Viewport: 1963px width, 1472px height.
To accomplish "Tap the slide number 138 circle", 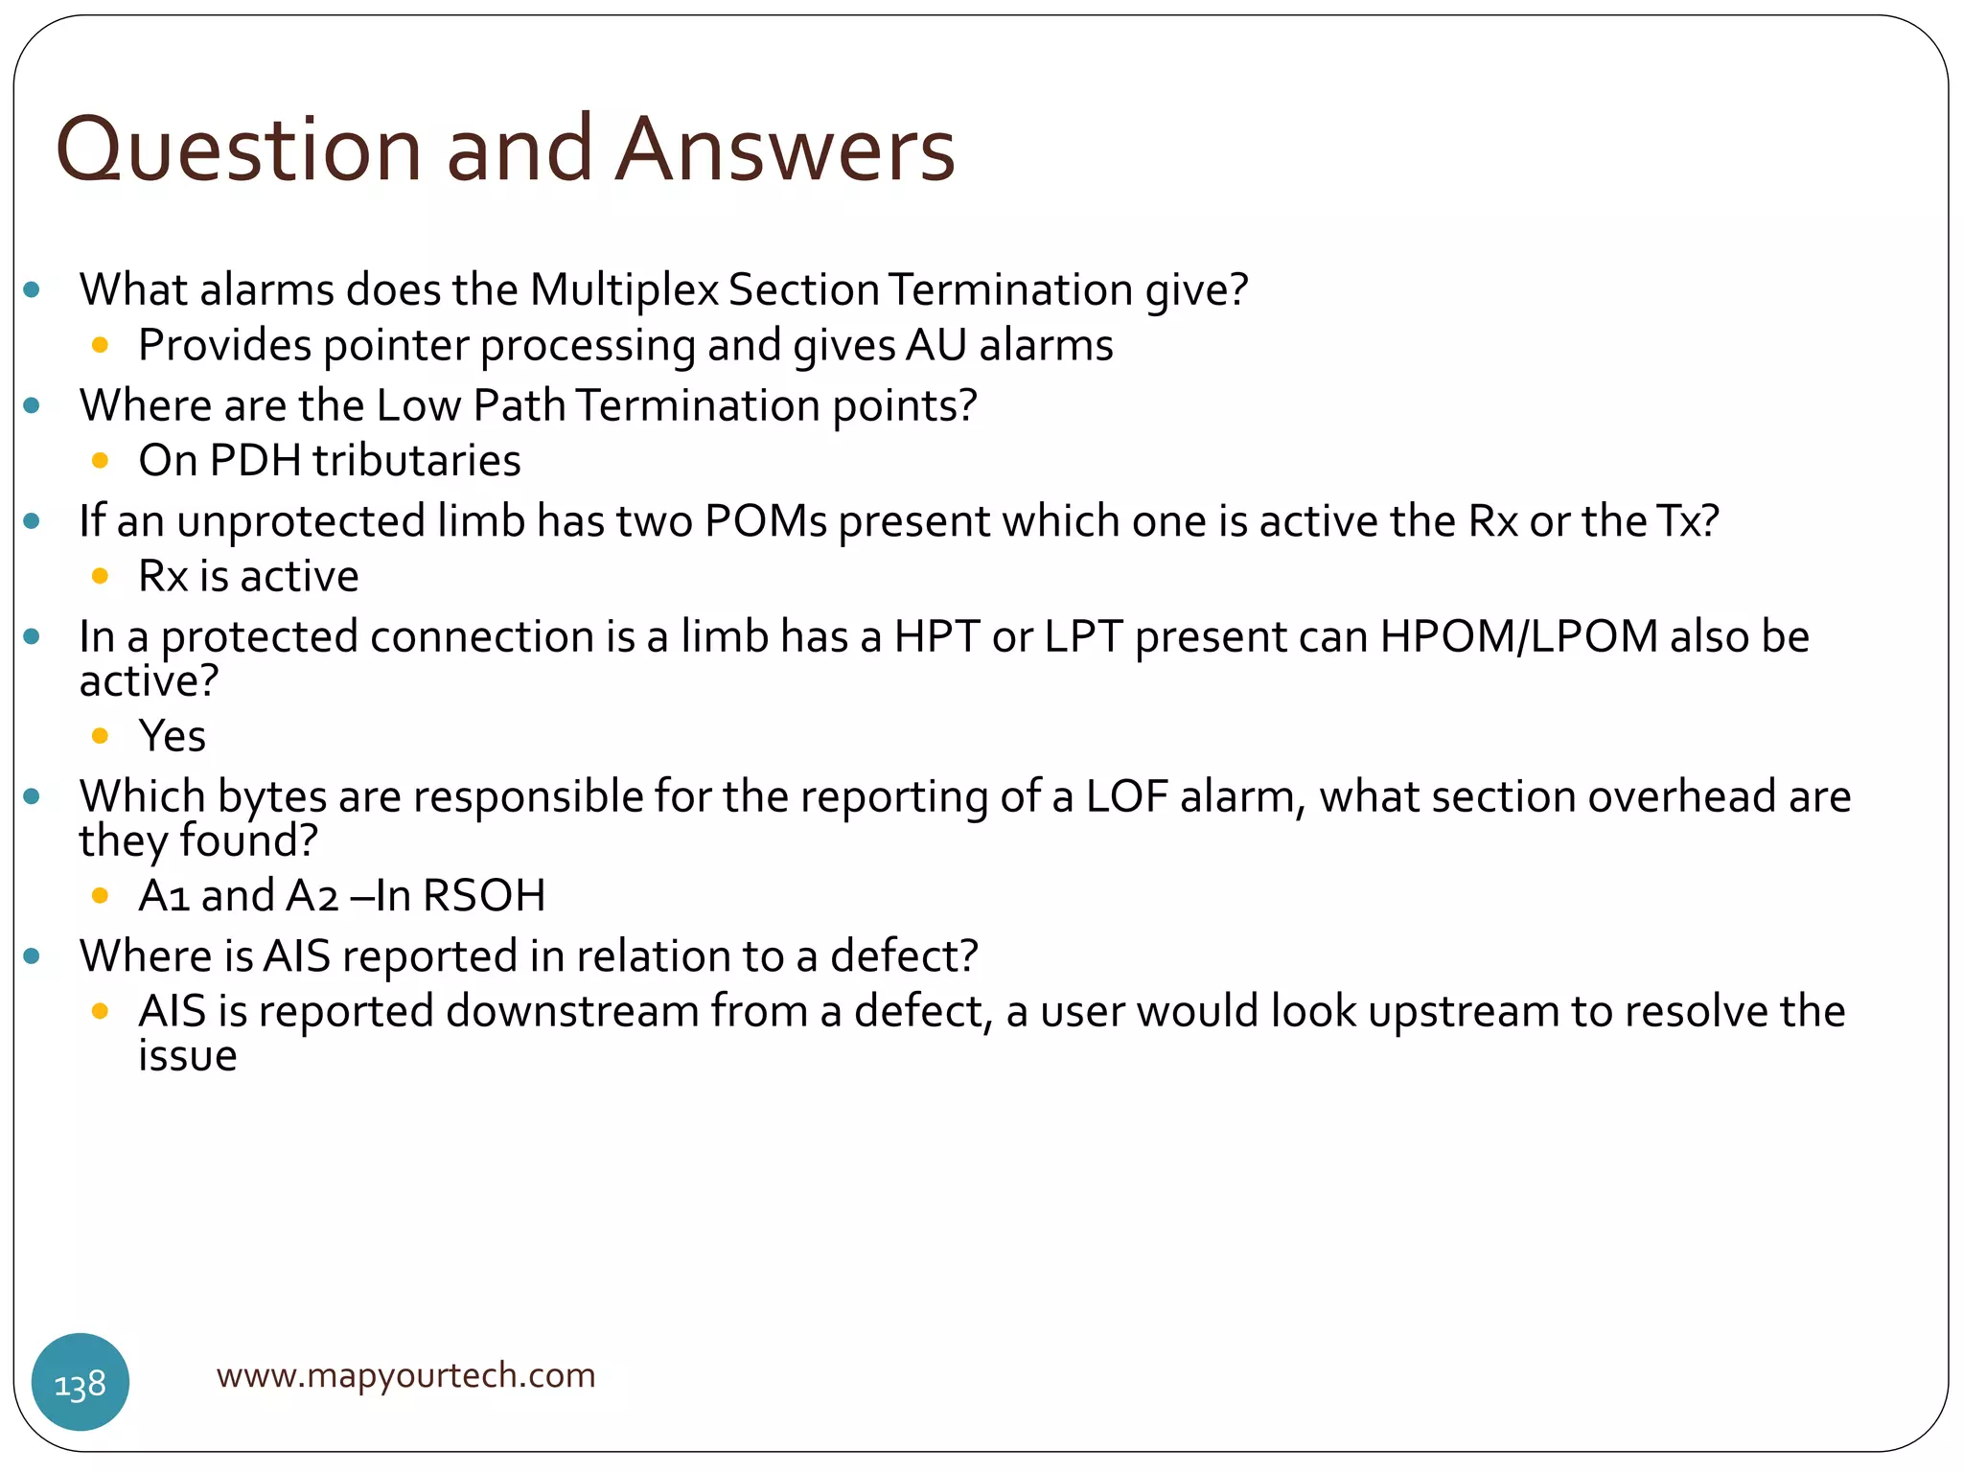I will pyautogui.click(x=81, y=1384).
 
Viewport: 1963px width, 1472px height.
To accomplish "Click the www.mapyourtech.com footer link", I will pyautogui.click(x=405, y=1375).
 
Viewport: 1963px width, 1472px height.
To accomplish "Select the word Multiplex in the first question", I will pyautogui.click(x=623, y=289).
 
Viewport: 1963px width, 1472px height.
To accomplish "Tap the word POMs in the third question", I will pyautogui.click(x=766, y=521).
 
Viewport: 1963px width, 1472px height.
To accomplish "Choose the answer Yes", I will pyautogui.click(x=173, y=736).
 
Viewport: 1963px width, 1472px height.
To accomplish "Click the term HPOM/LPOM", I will pyautogui.click(x=1519, y=637).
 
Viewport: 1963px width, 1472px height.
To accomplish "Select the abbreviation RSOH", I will pyautogui.click(x=484, y=896).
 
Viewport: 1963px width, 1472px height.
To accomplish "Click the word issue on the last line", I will pyautogui.click(x=188, y=1056).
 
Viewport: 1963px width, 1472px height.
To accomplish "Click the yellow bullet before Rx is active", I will pyautogui.click(x=100, y=577).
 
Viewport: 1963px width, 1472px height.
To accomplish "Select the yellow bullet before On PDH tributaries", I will pyautogui.click(x=100, y=461).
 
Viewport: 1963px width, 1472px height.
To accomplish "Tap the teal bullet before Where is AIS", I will pyautogui.click(x=32, y=956).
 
